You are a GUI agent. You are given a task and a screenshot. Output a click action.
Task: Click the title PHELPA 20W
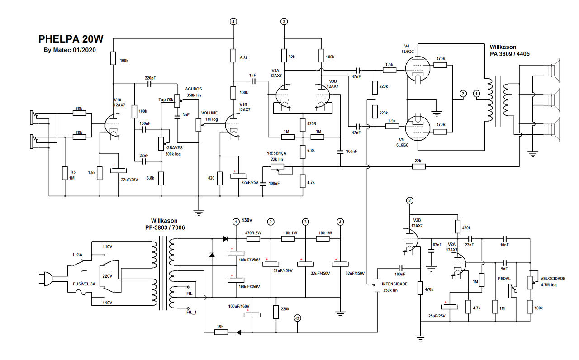(x=71, y=39)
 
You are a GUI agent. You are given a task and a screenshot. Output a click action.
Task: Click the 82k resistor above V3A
(x=284, y=56)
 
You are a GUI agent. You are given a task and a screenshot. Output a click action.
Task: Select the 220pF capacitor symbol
(x=149, y=84)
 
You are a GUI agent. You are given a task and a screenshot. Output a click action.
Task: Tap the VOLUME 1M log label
(x=209, y=116)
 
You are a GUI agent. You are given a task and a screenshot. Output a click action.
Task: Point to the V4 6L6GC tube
(x=418, y=68)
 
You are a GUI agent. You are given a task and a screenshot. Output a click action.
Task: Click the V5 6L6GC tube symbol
(x=418, y=128)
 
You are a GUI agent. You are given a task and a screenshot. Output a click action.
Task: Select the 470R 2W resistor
(x=253, y=238)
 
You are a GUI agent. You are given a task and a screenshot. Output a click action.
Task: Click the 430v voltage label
(x=247, y=220)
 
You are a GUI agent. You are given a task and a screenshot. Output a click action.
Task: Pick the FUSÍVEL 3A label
(x=84, y=284)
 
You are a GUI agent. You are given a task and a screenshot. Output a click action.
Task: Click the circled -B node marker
(x=297, y=318)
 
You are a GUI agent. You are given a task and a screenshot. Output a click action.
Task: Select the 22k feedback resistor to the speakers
(x=418, y=166)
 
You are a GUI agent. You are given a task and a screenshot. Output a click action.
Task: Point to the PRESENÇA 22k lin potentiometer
(x=277, y=167)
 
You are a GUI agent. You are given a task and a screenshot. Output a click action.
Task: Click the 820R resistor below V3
(x=303, y=125)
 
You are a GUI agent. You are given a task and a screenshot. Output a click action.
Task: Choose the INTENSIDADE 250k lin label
(x=394, y=287)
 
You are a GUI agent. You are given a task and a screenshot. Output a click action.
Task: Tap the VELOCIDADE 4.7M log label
(x=553, y=282)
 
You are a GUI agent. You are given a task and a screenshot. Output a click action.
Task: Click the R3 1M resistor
(x=65, y=173)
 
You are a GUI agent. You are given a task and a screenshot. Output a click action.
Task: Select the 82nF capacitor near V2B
(x=431, y=251)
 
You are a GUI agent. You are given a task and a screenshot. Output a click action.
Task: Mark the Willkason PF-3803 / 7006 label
(x=165, y=224)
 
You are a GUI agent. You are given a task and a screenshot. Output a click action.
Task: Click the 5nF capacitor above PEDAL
(x=505, y=263)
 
